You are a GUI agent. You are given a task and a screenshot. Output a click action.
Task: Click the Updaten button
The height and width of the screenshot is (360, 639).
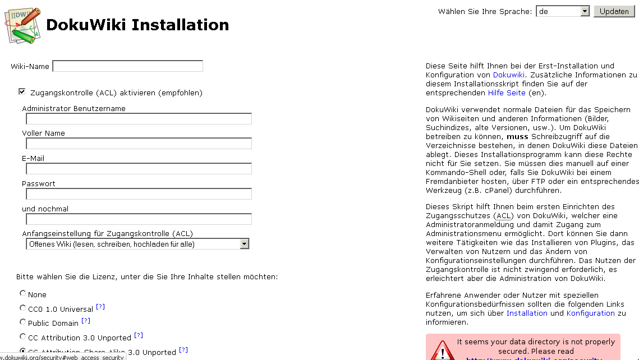(x=614, y=11)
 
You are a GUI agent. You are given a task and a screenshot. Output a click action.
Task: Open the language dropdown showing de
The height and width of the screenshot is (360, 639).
(x=563, y=11)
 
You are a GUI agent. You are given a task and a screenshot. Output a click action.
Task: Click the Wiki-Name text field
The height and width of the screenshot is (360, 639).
(x=127, y=66)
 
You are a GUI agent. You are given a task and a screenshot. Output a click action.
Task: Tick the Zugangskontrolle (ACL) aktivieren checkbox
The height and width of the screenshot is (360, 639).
(x=22, y=92)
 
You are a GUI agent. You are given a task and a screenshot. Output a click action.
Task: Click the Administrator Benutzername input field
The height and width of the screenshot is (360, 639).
(x=139, y=119)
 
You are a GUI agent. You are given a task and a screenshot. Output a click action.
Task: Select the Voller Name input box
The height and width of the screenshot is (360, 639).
(x=139, y=144)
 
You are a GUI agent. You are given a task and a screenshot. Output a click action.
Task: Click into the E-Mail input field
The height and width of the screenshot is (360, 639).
(x=139, y=169)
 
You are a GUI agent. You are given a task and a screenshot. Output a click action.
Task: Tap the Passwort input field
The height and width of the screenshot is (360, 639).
(x=139, y=194)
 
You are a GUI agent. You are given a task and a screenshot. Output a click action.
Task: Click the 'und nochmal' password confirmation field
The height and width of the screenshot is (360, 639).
(x=139, y=219)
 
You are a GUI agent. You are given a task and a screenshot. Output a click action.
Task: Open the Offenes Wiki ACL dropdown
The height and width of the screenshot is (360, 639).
(x=137, y=244)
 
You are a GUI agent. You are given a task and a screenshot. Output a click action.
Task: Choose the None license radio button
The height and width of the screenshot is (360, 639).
(x=23, y=293)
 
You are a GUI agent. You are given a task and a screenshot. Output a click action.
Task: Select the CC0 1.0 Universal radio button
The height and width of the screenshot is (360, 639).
(x=23, y=308)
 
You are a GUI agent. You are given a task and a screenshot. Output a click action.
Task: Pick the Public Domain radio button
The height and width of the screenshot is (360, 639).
(x=23, y=322)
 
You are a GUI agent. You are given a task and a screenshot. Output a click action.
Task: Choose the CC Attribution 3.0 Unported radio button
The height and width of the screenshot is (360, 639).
(x=23, y=336)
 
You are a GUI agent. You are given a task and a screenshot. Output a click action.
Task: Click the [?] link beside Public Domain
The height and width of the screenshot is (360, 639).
(x=86, y=321)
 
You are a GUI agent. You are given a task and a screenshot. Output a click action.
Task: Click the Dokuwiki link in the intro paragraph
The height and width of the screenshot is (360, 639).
(x=508, y=75)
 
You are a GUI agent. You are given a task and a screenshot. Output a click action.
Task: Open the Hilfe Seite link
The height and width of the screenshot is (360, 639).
(x=507, y=93)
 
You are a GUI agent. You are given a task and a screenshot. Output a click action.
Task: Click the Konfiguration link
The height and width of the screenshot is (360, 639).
(x=590, y=313)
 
